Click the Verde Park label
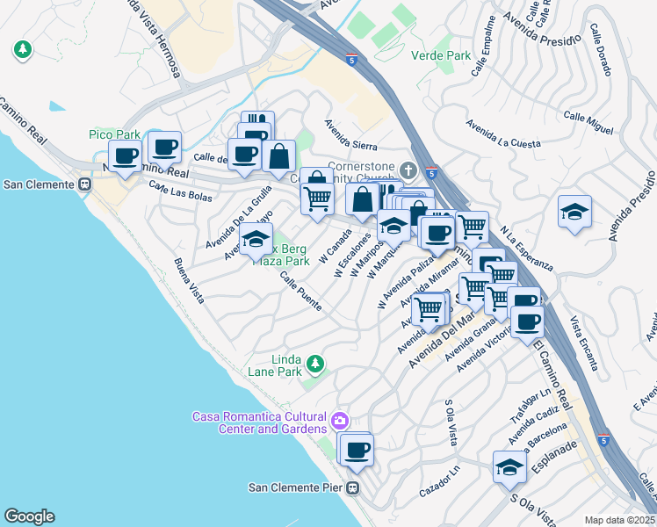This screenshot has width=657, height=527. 441,55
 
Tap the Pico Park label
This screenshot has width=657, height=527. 114,134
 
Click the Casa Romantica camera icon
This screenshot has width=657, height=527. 340,422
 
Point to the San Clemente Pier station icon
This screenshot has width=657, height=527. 353,488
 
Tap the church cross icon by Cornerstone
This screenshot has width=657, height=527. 407,169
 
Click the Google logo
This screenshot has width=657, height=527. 29,516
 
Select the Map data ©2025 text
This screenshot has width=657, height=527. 619,520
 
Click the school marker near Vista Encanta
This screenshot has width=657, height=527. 574,213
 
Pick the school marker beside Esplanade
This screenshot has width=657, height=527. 509,466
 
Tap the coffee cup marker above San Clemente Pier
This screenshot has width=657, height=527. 356,450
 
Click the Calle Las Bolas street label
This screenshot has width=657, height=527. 180,191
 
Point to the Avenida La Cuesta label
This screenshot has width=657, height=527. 503,134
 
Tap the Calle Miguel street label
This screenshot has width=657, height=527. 588,122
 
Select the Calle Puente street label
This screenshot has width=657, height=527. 300,291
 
